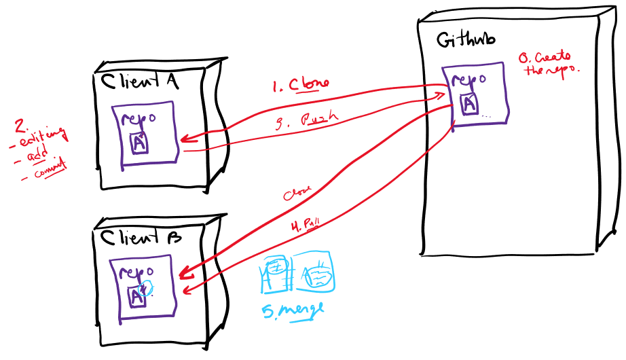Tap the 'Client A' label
click(140, 81)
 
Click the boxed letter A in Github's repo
click(468, 103)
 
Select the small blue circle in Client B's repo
click(149, 288)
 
